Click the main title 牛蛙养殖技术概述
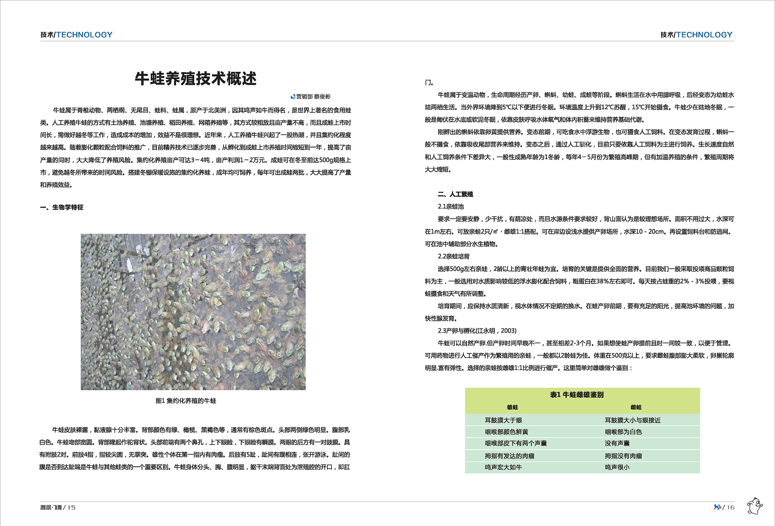point(196,79)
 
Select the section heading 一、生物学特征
point(62,207)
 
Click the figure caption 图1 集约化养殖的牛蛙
point(186,401)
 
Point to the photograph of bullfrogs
point(193,312)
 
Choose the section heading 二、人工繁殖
point(455,194)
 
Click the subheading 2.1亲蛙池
point(451,207)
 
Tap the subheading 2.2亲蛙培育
point(453,256)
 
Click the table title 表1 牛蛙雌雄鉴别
point(577,395)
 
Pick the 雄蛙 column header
point(512,407)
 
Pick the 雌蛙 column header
point(636,407)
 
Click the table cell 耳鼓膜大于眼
point(503,420)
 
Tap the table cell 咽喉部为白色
point(623,432)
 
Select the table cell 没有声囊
point(617,443)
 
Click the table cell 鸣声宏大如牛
point(503,467)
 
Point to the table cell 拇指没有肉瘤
point(623,456)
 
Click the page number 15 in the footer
point(71,507)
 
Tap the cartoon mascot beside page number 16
point(754,505)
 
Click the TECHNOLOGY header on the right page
point(704,34)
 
